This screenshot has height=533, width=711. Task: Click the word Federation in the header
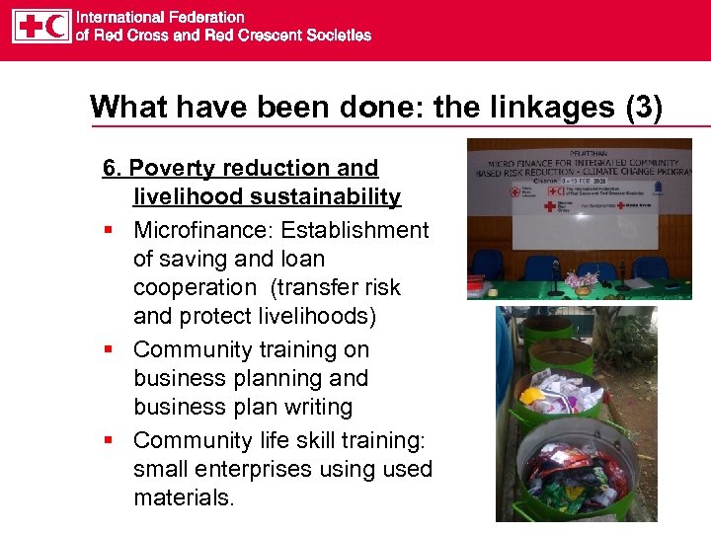pos(205,17)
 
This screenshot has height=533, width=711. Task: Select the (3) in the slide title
pos(642,107)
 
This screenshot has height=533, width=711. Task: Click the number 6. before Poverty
pos(113,169)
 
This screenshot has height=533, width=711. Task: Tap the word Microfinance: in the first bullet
pos(204,230)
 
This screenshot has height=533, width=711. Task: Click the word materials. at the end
pos(185,497)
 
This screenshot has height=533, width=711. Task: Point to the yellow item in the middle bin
pos(533,396)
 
